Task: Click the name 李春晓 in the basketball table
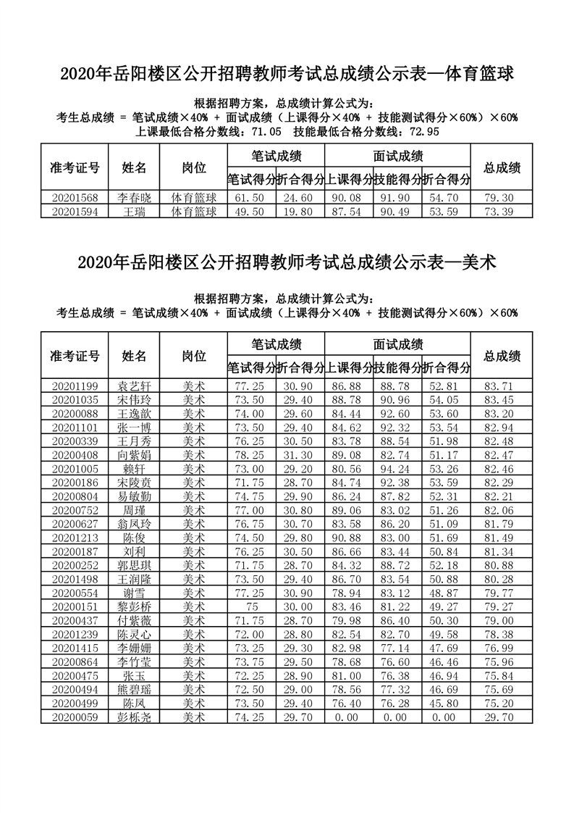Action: point(134,197)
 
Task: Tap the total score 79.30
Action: point(502,197)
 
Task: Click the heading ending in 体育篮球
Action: point(287,73)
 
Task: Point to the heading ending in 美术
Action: point(287,262)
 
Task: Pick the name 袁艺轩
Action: point(134,385)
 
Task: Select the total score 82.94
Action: point(502,427)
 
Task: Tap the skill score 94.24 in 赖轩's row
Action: point(397,468)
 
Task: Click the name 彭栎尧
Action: point(134,717)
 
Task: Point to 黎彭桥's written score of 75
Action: point(252,606)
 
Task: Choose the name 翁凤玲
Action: point(134,523)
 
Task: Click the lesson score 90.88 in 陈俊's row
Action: point(349,537)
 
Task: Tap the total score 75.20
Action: point(502,703)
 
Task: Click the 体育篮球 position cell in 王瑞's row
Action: point(193,211)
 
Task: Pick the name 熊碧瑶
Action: point(134,689)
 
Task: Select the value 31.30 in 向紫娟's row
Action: point(300,454)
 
